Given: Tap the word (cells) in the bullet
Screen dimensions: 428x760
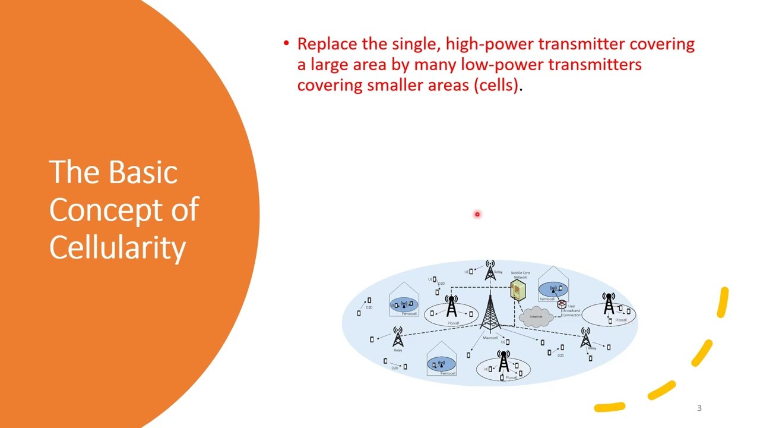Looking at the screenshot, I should click(x=496, y=85).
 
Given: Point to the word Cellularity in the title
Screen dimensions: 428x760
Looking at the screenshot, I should click(x=118, y=247).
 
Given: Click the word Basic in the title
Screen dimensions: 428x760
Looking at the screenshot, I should click(x=143, y=172).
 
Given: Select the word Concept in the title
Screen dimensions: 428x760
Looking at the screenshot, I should click(x=104, y=209).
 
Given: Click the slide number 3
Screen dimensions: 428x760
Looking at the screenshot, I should click(x=699, y=408).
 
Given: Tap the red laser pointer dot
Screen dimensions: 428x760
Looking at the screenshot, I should click(x=477, y=214).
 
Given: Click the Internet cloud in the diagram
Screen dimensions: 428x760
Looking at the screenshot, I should click(x=536, y=316).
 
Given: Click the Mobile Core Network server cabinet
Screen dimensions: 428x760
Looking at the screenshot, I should click(x=518, y=291).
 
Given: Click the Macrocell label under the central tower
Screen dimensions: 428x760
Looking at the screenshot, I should click(x=490, y=338).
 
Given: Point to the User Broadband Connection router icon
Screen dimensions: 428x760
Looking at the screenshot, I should click(x=562, y=305).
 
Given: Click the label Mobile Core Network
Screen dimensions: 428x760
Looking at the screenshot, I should click(x=520, y=275).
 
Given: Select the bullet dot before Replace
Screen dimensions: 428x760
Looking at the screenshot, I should click(x=286, y=44).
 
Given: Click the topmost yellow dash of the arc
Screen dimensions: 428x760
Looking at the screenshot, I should click(x=723, y=303).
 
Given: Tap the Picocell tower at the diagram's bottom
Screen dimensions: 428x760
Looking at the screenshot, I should click(x=503, y=361).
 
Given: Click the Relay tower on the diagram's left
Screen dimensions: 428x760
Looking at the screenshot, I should click(x=398, y=337).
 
